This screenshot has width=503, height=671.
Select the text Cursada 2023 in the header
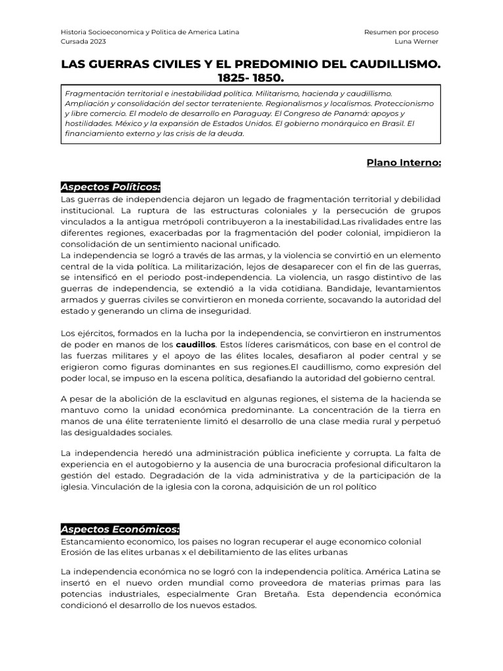(x=82, y=42)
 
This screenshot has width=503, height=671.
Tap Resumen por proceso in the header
(x=401, y=31)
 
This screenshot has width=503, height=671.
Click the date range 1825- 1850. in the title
(x=251, y=77)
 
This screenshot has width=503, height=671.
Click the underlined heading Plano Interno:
(x=403, y=163)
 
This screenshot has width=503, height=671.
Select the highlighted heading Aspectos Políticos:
(x=110, y=187)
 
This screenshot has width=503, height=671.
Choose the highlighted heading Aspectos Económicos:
(x=119, y=529)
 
